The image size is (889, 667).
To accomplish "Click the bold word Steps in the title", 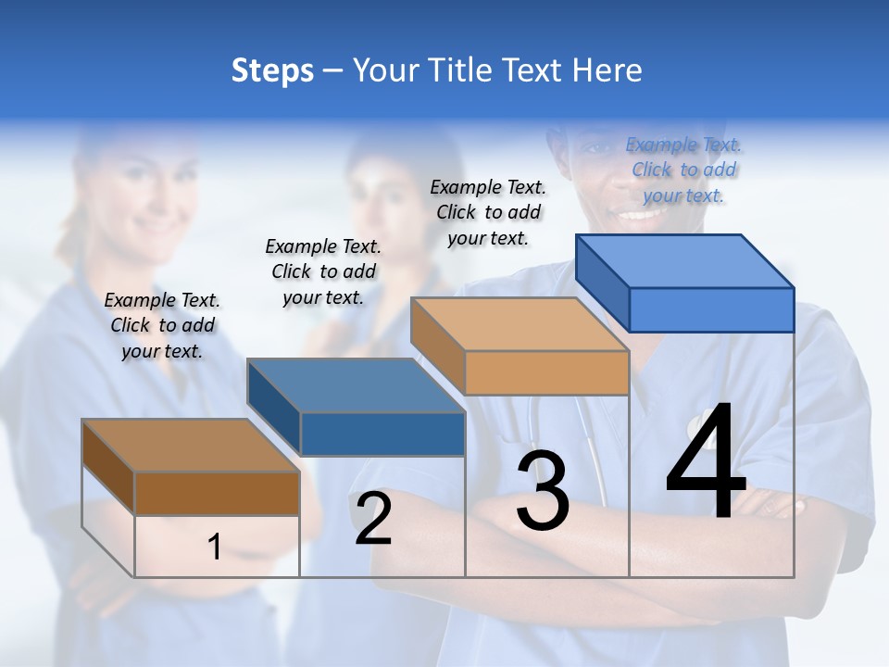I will click(272, 70).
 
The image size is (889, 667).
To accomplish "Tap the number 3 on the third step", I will click(543, 491).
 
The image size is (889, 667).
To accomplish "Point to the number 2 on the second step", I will click(373, 519).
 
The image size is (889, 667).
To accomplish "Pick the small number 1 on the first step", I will click(215, 547).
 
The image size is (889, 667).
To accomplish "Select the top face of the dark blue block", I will click(357, 385).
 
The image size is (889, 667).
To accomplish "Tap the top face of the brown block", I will click(191, 446).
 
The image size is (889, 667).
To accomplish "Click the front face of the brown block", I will click(217, 493).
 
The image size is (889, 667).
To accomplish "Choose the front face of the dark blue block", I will click(382, 434).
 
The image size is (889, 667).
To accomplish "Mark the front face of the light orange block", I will click(546, 372).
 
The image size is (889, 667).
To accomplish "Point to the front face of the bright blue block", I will click(711, 309).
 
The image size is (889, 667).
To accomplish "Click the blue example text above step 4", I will click(683, 170).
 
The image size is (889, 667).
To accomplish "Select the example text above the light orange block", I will click(488, 212).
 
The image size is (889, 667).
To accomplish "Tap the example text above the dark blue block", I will click(323, 271).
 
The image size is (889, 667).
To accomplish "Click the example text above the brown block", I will click(162, 325).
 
